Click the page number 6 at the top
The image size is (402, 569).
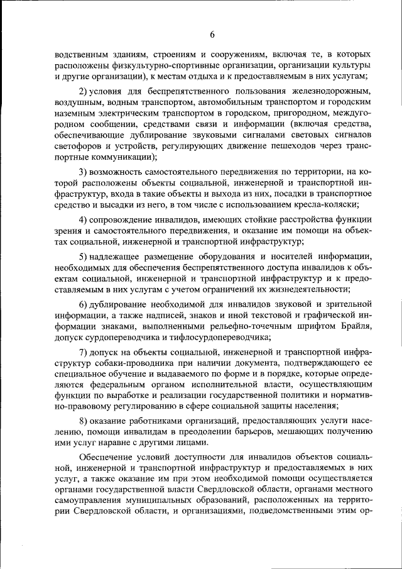[212, 34]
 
